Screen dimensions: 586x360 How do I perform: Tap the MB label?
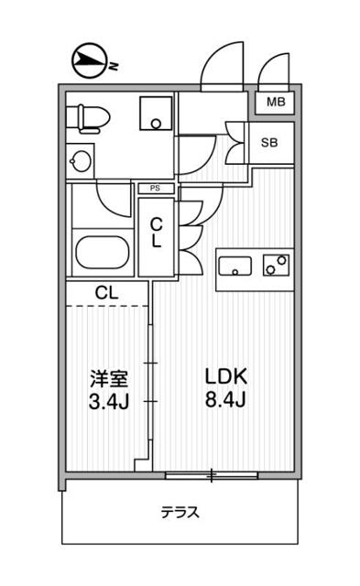[x=274, y=103]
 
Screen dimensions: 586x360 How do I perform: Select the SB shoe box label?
[x=270, y=143]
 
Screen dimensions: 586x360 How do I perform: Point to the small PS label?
[x=156, y=188]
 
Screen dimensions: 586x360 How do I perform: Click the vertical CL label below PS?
[x=157, y=233]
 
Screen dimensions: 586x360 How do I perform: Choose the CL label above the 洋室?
[x=106, y=293]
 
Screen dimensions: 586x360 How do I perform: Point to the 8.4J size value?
[x=226, y=401]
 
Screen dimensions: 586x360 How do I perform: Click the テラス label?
[x=180, y=512]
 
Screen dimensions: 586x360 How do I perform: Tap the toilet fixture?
[x=91, y=117]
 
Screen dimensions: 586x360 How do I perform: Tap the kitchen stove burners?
[x=275, y=265]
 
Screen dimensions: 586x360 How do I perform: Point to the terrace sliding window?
[x=210, y=474]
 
